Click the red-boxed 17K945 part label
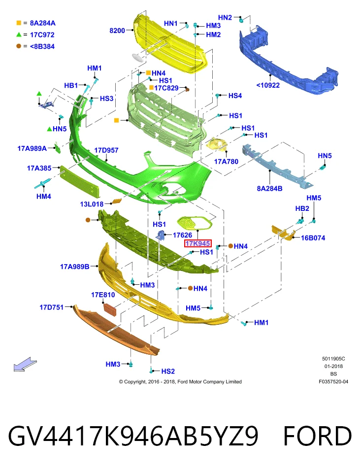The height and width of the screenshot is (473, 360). click(x=198, y=243)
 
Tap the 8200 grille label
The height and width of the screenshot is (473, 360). click(x=117, y=31)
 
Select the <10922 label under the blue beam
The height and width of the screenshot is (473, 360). click(x=268, y=85)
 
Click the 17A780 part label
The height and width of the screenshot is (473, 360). click(x=226, y=162)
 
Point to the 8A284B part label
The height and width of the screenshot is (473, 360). click(x=269, y=189)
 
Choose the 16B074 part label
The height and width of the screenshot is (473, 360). click(x=313, y=237)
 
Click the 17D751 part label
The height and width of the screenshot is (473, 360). click(x=52, y=307)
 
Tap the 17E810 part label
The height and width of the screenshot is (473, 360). click(x=103, y=295)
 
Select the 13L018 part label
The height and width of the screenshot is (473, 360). click(x=92, y=204)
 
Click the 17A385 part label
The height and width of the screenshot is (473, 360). click(x=39, y=168)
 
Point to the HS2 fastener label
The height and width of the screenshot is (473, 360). click(x=168, y=371)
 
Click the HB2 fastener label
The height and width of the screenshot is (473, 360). click(x=302, y=208)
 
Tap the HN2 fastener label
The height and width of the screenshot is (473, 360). click(x=225, y=18)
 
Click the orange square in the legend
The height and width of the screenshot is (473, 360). click(x=19, y=23)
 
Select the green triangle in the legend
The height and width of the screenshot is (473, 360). click(x=19, y=34)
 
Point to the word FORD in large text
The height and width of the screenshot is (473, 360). click(x=318, y=436)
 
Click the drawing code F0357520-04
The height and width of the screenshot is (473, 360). click(x=333, y=381)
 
